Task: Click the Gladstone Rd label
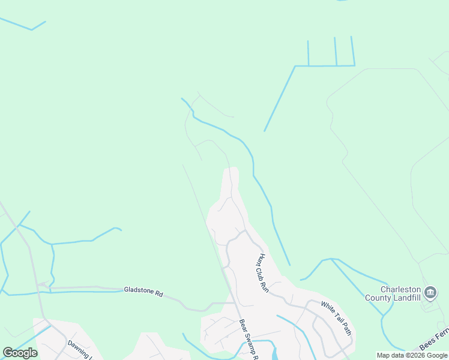(x=143, y=292)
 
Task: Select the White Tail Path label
(x=336, y=318)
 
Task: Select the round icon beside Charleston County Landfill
(x=430, y=293)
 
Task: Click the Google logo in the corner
(x=20, y=353)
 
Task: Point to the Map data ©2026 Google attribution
(x=412, y=355)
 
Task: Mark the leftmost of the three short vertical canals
(x=308, y=53)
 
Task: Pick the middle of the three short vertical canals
(x=336, y=51)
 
